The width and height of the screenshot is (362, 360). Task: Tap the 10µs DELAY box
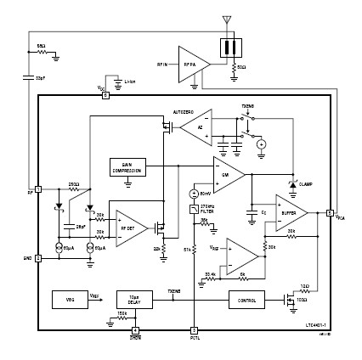pos(132,299)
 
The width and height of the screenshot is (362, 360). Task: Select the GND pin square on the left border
pos(39,257)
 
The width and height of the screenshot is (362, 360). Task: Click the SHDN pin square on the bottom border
pos(135,329)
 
